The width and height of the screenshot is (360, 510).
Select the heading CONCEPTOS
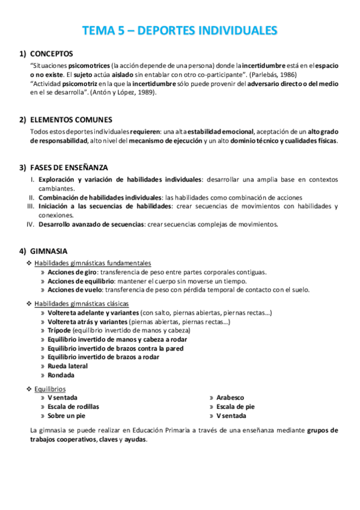(52, 54)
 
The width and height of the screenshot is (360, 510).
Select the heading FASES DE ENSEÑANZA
(69, 167)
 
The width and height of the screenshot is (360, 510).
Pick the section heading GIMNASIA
(49, 251)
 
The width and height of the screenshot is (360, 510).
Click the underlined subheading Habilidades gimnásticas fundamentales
(93, 263)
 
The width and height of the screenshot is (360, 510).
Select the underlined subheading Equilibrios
(50, 389)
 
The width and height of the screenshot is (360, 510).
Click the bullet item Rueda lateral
(68, 366)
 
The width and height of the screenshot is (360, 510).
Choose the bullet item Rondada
(61, 375)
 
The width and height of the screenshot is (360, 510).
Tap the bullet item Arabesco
(230, 398)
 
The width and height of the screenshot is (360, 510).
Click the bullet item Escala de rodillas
(74, 407)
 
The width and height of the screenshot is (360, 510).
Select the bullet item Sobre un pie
(67, 416)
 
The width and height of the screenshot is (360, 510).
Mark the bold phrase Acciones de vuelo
(75, 289)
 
